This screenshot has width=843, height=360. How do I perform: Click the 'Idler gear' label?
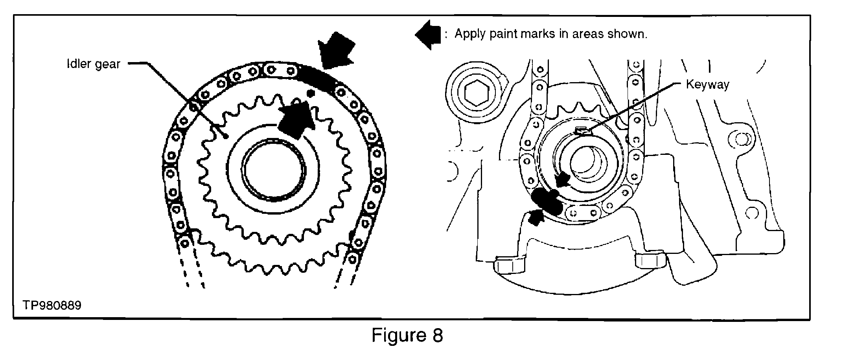click(x=93, y=64)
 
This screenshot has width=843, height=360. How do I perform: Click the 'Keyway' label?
click(x=707, y=84)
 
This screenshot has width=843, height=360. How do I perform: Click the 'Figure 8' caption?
click(x=407, y=335)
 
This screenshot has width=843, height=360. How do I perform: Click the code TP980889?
click(x=52, y=305)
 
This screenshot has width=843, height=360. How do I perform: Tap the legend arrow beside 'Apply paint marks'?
click(x=428, y=35)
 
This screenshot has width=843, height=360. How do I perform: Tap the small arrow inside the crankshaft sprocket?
click(x=563, y=180)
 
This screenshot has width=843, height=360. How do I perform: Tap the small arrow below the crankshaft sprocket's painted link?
click(x=535, y=217)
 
